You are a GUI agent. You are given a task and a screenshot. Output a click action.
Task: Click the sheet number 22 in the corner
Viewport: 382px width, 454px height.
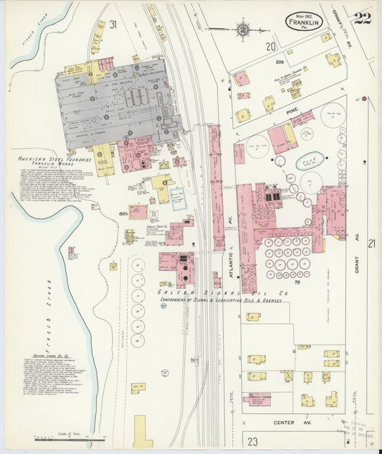pos(362,18)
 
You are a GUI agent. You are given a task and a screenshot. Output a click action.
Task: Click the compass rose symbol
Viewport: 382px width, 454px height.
pos(243,29)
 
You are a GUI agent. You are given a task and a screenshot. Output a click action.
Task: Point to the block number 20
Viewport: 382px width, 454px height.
pos(270,47)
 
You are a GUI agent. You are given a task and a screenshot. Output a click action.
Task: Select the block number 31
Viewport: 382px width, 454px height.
pos(113,24)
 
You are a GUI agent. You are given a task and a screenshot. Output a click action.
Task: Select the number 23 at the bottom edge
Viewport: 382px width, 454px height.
pos(252,440)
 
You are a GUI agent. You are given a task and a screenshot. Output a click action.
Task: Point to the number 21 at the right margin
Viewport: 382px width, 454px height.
pos(371,244)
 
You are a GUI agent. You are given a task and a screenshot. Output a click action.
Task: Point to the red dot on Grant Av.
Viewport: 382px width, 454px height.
pos(364,98)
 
